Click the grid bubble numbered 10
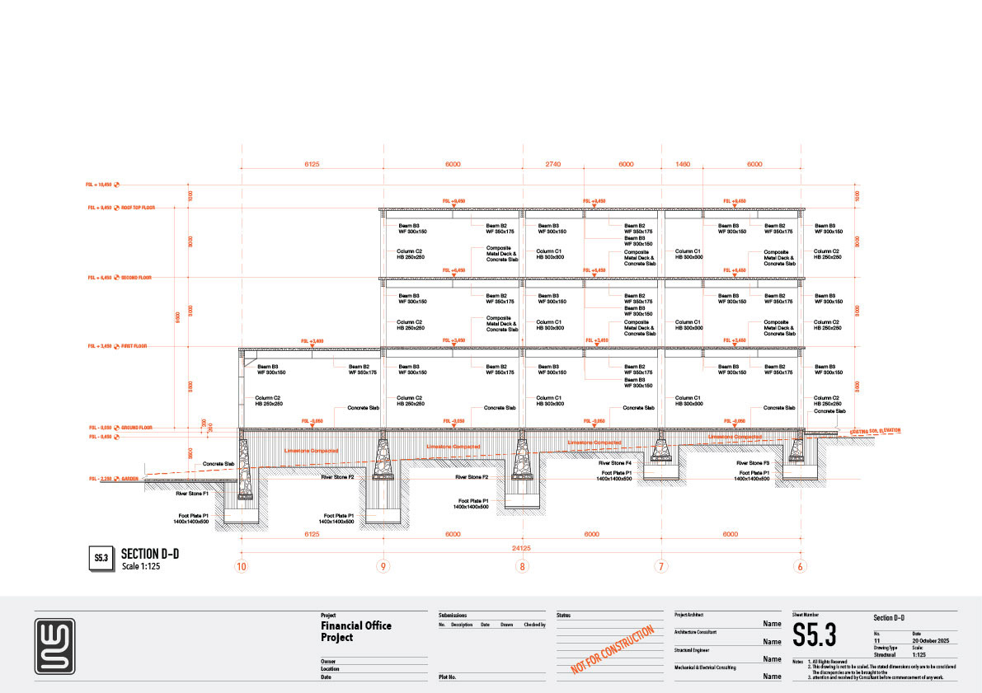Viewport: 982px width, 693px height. point(241,566)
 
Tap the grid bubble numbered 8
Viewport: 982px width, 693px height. point(522,566)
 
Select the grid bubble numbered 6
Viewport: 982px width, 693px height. point(800,566)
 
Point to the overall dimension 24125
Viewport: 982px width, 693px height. point(521,548)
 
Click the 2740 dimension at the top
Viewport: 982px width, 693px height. point(552,164)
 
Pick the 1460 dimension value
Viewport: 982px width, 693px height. point(682,164)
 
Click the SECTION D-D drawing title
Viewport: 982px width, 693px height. point(149,553)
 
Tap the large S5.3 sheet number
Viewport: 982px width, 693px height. point(814,635)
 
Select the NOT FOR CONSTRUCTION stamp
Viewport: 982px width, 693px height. point(613,650)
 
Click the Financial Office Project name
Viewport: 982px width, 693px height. point(356,631)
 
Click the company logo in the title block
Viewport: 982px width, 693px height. point(54,646)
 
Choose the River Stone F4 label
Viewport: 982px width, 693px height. point(615,464)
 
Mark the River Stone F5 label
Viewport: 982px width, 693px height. point(753,464)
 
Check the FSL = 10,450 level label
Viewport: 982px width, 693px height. point(101,185)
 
